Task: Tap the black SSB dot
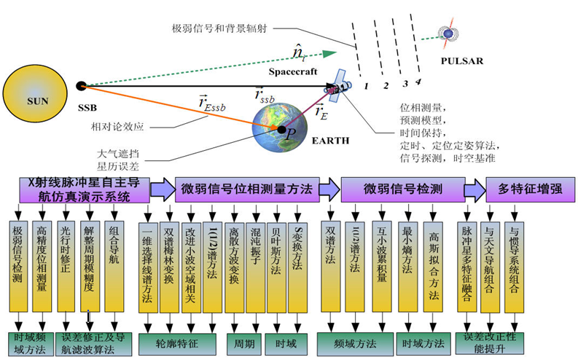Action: [x=82, y=86]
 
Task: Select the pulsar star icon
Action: [x=446, y=32]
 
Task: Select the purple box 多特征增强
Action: [x=529, y=188]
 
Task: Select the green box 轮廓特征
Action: [x=177, y=341]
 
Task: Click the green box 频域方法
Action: [x=354, y=341]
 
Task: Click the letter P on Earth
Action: [x=290, y=134]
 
